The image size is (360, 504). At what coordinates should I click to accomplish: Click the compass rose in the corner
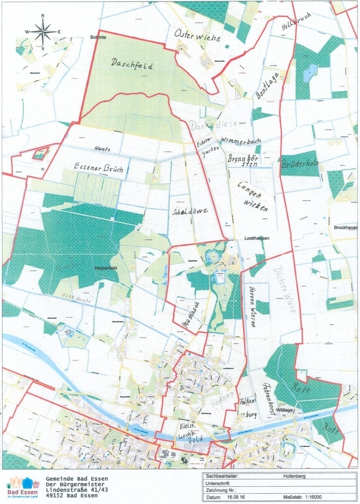click(x=43, y=31)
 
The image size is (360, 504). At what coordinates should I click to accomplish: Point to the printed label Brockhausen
click(x=346, y=228)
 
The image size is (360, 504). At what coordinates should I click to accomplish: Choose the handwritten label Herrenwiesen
click(x=253, y=306)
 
